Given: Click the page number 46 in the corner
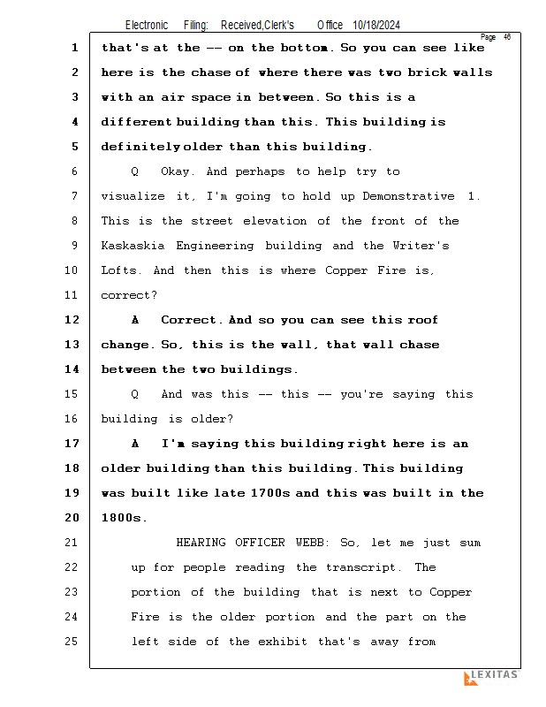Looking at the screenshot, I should pyautogui.click(x=507, y=37).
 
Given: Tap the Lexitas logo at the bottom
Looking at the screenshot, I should pyautogui.click(x=490, y=677).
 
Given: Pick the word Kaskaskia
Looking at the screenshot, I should pyautogui.click(x=133, y=246).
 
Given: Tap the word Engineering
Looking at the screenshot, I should pyautogui.click(x=215, y=246).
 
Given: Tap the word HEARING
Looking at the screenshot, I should pyautogui.click(x=201, y=543).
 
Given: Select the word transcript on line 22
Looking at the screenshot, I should pyautogui.click(x=364, y=567).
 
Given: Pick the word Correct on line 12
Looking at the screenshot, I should pyautogui.click(x=189, y=320).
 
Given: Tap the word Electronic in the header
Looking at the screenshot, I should pyautogui.click(x=147, y=25).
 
